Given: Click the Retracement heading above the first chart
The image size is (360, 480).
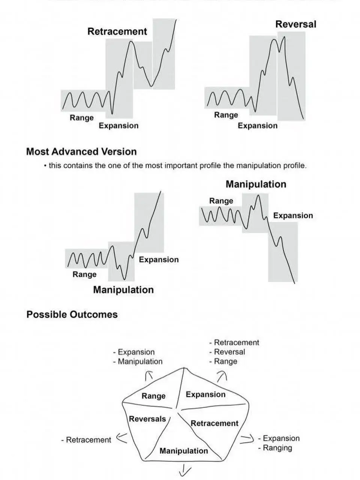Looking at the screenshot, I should (117, 31).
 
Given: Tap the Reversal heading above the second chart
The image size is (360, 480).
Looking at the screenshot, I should (295, 24).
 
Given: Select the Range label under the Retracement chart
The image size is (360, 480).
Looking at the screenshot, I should (81, 118).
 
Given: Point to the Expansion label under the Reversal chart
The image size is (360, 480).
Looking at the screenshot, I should (258, 126).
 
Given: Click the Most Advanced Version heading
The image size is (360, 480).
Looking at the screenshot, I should (81, 152).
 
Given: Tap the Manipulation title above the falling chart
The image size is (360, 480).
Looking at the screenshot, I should (256, 184).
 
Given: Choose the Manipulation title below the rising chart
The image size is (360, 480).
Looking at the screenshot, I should (123, 290).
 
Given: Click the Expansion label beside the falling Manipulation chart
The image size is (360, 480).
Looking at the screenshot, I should (293, 216).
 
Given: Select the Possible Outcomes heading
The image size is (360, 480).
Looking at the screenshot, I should (72, 315).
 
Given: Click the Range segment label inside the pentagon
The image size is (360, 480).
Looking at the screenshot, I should (153, 396).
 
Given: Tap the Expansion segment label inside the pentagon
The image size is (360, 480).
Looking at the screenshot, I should (205, 394).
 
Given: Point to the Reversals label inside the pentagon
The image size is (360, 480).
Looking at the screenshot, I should (147, 419).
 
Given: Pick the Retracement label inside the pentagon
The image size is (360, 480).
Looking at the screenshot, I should (214, 423).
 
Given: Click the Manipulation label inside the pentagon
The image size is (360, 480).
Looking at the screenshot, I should (184, 451).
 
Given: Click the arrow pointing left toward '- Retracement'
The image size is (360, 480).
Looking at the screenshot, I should (121, 438).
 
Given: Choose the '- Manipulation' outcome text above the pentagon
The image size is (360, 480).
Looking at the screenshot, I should (138, 361).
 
